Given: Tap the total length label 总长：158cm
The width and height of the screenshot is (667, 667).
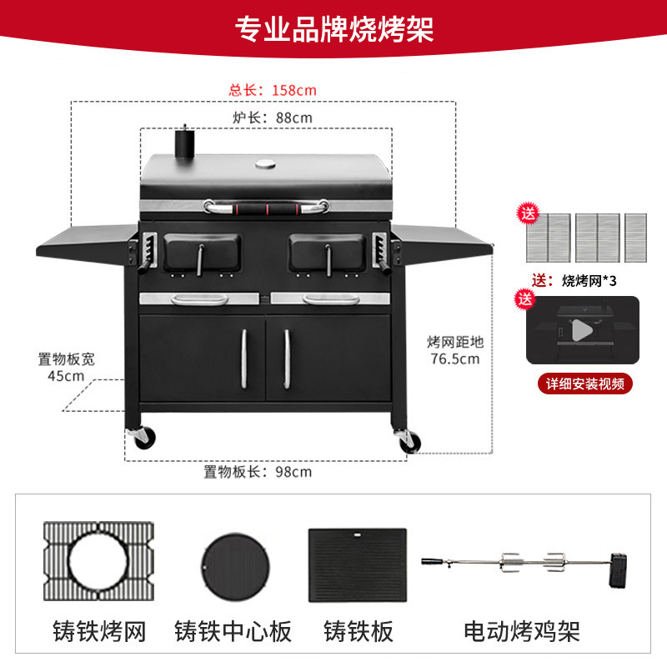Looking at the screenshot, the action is (273, 89).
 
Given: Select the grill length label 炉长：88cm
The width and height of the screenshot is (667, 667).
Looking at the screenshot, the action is (273, 118).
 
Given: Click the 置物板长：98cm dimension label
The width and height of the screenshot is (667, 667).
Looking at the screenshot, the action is (258, 472).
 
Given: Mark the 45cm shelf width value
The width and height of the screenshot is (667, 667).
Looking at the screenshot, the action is (66, 376).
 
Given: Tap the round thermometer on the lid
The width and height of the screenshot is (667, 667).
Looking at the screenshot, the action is (265, 163).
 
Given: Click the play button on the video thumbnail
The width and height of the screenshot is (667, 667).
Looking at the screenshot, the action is (582, 331).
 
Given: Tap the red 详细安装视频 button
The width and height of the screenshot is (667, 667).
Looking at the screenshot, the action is (584, 384).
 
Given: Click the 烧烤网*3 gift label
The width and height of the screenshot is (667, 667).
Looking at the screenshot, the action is (589, 280).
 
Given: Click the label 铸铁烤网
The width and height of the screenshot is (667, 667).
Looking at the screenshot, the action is (99, 631).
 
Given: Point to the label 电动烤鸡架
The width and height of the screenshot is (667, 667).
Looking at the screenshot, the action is (522, 631).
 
